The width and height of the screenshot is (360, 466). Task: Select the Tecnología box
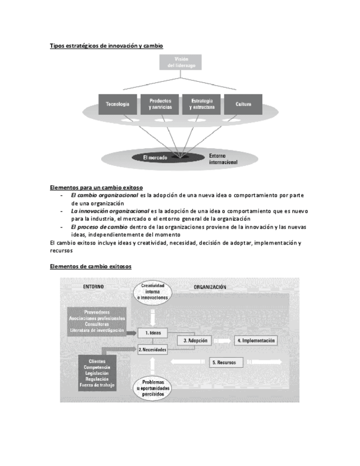click(118, 104)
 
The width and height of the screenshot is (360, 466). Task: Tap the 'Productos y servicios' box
click(160, 104)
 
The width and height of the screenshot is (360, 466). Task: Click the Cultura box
click(243, 104)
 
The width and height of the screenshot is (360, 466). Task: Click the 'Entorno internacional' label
click(223, 159)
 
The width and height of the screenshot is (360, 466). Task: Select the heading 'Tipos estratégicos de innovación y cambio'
click(106, 46)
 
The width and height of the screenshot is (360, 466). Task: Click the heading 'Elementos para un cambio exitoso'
click(96, 187)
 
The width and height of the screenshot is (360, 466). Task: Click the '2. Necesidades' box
click(152, 349)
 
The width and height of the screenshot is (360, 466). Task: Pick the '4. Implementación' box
click(256, 341)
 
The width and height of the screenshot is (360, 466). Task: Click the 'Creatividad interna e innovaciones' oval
click(153, 292)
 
